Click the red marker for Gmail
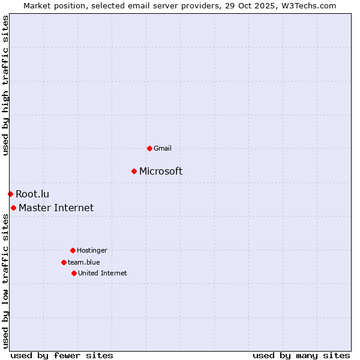(x=149, y=148)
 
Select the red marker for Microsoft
(x=134, y=172)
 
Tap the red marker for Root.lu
(x=10, y=194)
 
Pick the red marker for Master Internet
(x=13, y=208)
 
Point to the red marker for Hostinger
(x=73, y=250)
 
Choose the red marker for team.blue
(x=64, y=262)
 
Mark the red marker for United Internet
(x=74, y=273)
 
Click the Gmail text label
(x=163, y=148)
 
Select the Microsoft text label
(x=161, y=172)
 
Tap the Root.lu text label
(x=32, y=194)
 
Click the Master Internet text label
(x=56, y=208)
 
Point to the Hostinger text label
(x=92, y=250)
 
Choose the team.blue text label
(x=84, y=262)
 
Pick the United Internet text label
(x=102, y=273)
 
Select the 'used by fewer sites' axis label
(x=62, y=355)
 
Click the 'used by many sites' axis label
(x=301, y=355)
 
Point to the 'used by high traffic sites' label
(x=5, y=85)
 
